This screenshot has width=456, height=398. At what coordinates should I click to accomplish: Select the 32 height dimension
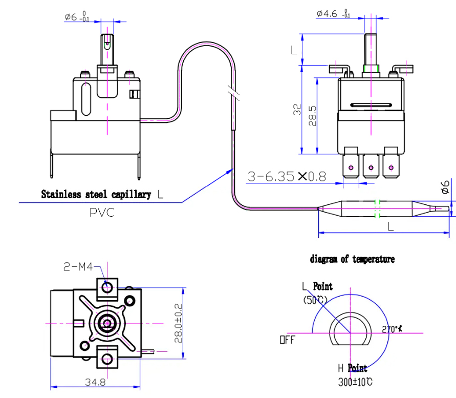click(297, 109)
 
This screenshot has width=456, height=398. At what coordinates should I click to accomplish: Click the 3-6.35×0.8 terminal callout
click(287, 177)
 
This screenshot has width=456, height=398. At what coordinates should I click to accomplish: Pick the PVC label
click(101, 213)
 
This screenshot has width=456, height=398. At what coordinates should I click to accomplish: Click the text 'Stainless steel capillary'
click(96, 195)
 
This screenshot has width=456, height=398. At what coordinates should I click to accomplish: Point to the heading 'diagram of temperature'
click(352, 259)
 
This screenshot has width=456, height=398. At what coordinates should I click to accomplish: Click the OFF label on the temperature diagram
click(287, 340)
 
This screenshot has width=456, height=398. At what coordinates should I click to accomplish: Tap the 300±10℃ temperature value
click(355, 382)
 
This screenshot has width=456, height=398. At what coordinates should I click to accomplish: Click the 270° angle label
click(392, 329)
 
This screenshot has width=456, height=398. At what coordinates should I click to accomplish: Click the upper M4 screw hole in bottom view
click(107, 287)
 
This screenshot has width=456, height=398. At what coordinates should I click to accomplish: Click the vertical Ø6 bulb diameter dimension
click(445, 188)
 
